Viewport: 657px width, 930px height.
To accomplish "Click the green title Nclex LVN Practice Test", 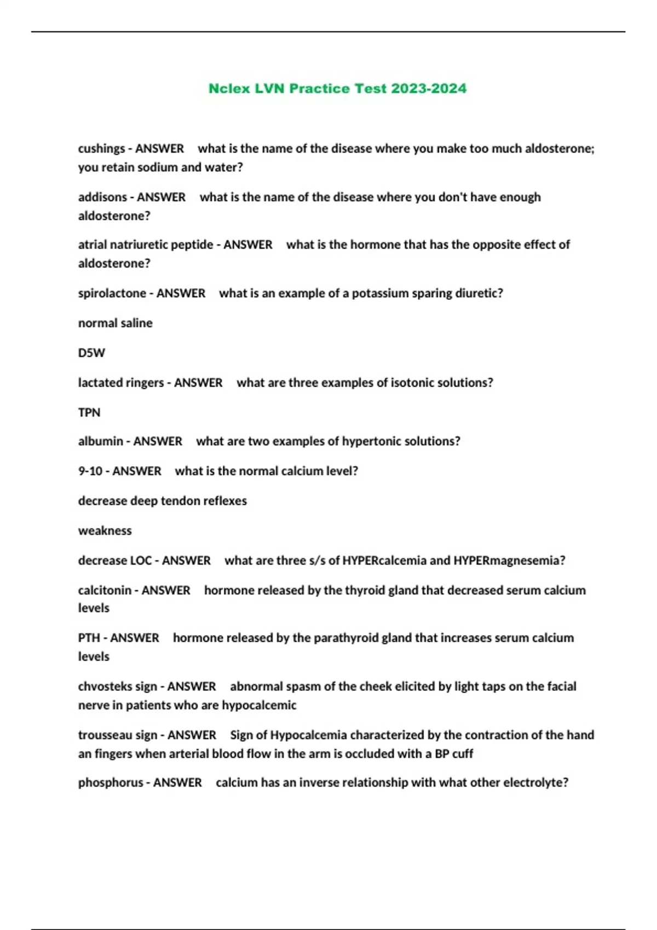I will point(337,89).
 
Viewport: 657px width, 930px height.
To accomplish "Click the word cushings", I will point(101,149).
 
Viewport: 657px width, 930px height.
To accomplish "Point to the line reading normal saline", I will point(115,323).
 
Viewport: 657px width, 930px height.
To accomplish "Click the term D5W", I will point(91,353).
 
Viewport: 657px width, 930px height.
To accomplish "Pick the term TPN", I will point(89,412).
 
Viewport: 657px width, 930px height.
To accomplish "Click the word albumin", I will point(100,441).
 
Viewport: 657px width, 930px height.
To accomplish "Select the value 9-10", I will point(90,471).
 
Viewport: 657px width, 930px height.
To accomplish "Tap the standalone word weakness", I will point(105,531).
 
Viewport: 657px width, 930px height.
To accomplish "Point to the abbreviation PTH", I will point(89,638).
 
